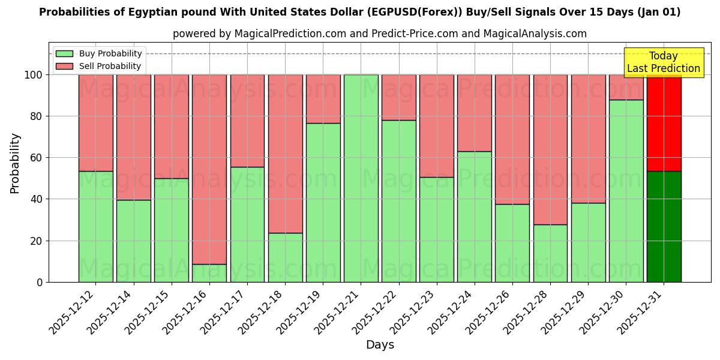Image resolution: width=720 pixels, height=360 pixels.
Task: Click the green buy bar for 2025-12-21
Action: [x=361, y=178]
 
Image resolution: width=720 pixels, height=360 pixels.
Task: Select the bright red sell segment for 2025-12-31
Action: [x=664, y=123]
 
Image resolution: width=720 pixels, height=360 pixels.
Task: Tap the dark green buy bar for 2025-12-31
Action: [x=664, y=226]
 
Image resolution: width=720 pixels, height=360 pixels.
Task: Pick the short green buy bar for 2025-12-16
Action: [x=209, y=273]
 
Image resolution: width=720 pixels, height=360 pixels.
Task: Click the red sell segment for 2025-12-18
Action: [x=285, y=154]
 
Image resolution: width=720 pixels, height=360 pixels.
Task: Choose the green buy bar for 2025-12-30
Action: [x=626, y=191]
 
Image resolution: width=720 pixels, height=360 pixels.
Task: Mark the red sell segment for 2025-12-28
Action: [x=550, y=149]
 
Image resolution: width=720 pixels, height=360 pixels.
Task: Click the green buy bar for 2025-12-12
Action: [x=95, y=226]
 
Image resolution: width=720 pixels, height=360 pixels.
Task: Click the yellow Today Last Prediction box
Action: [x=663, y=62]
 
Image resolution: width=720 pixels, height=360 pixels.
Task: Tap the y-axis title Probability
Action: [x=15, y=163]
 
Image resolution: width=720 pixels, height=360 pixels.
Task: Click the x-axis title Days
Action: [x=380, y=345]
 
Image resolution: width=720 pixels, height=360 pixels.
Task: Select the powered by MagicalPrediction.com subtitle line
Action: [x=380, y=34]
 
